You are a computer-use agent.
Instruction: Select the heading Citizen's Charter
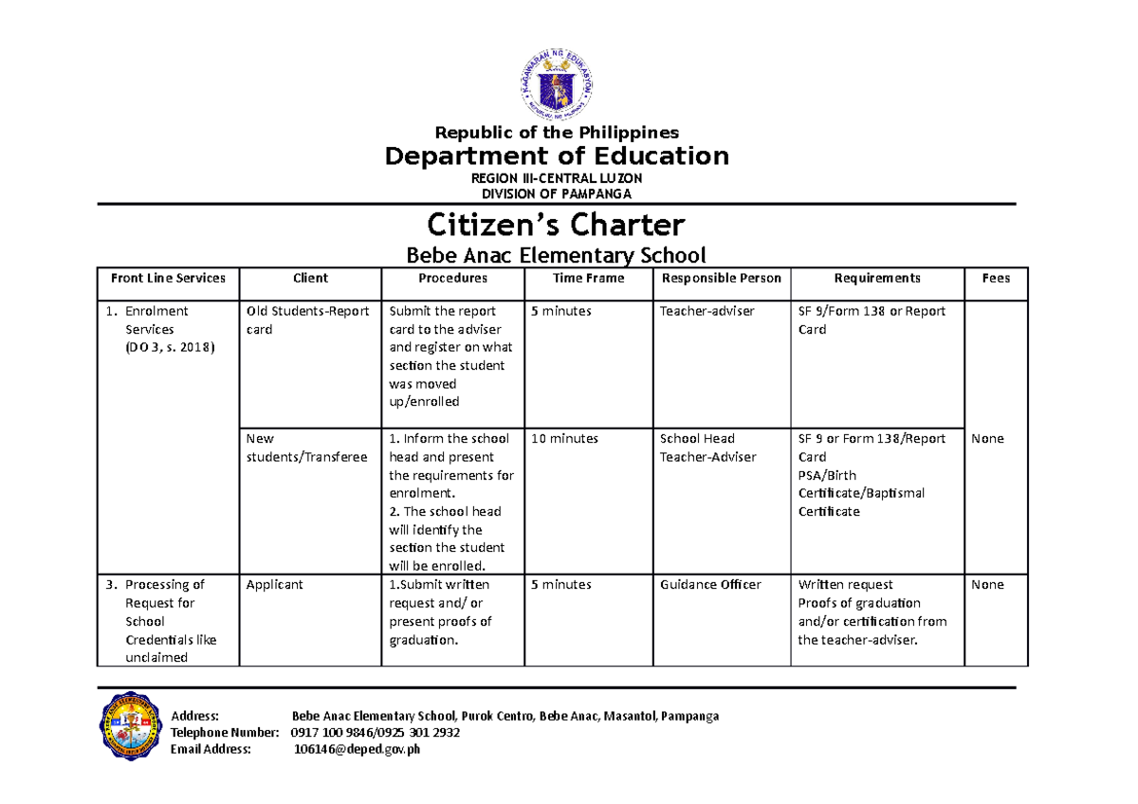tap(556, 226)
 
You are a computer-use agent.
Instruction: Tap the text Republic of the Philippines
tap(556, 133)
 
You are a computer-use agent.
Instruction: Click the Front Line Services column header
tap(168, 279)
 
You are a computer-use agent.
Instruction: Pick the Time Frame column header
tap(588, 279)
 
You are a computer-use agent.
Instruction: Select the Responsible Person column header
tap(721, 279)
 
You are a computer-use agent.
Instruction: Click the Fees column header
tap(996, 279)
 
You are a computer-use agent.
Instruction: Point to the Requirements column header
tap(876, 279)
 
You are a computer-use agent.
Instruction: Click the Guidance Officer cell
tap(710, 585)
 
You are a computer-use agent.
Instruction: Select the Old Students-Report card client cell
tap(307, 320)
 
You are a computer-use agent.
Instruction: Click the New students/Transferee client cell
tap(306, 448)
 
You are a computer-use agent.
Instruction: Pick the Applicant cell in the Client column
tap(274, 585)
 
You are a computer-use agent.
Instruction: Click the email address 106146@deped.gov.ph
tap(358, 750)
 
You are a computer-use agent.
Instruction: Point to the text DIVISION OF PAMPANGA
tap(556, 193)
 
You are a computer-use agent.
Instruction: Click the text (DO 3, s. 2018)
tap(170, 348)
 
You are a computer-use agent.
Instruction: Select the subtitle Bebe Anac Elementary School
tap(556, 255)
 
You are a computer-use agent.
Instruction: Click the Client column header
tap(310, 279)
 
